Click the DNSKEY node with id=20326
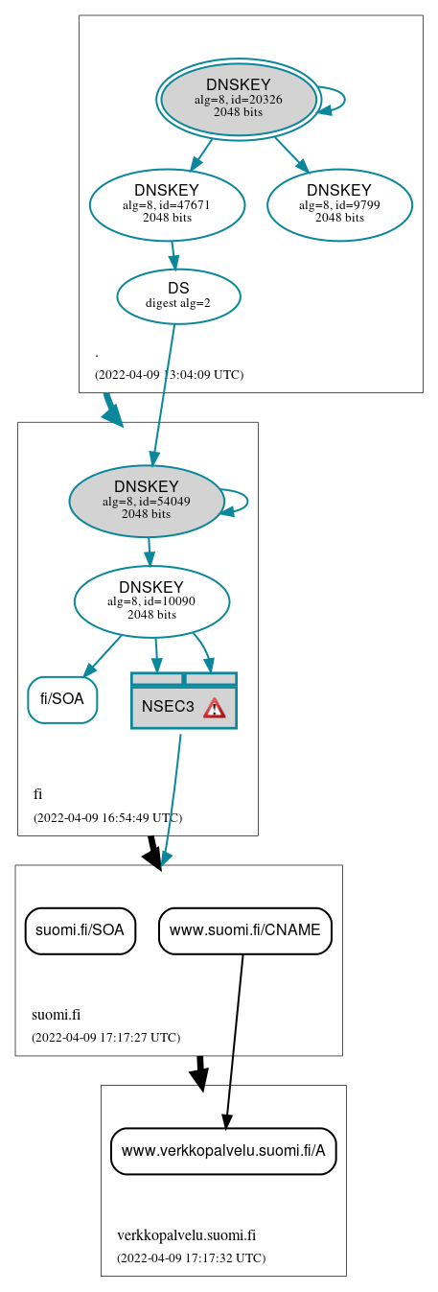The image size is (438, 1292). pyautogui.click(x=239, y=99)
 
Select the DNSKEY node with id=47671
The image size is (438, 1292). pyautogui.click(x=167, y=204)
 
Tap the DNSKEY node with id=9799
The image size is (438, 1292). pyautogui.click(x=339, y=204)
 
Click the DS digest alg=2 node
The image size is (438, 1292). pyautogui.click(x=178, y=295)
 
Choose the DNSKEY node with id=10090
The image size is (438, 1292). pyautogui.click(x=151, y=601)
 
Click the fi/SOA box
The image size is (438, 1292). pyautogui.click(x=62, y=699)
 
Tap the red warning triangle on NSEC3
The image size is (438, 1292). pyautogui.click(x=214, y=708)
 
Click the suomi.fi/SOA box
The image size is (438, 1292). pyautogui.click(x=80, y=930)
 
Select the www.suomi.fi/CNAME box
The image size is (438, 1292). pyautogui.click(x=245, y=930)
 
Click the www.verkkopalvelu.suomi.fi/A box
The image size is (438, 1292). pyautogui.click(x=223, y=1150)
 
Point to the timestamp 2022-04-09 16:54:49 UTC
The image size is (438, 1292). pyautogui.click(x=107, y=818)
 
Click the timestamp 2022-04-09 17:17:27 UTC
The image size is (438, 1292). pyautogui.click(x=105, y=1037)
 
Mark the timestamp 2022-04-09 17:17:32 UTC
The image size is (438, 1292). pyautogui.click(x=191, y=1257)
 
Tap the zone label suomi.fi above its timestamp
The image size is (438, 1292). pyautogui.click(x=56, y=1015)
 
